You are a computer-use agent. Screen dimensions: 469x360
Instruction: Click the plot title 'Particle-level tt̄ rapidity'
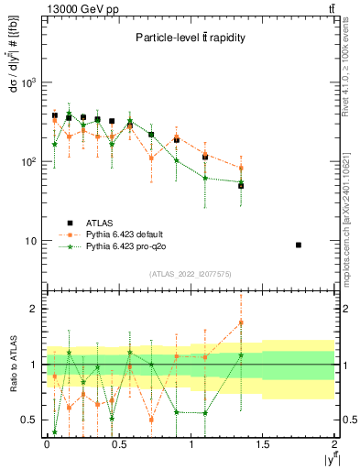tap(190, 38)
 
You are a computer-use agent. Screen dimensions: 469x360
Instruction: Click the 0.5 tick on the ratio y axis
tap(29, 420)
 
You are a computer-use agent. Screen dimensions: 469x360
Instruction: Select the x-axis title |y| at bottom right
tap(327, 459)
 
